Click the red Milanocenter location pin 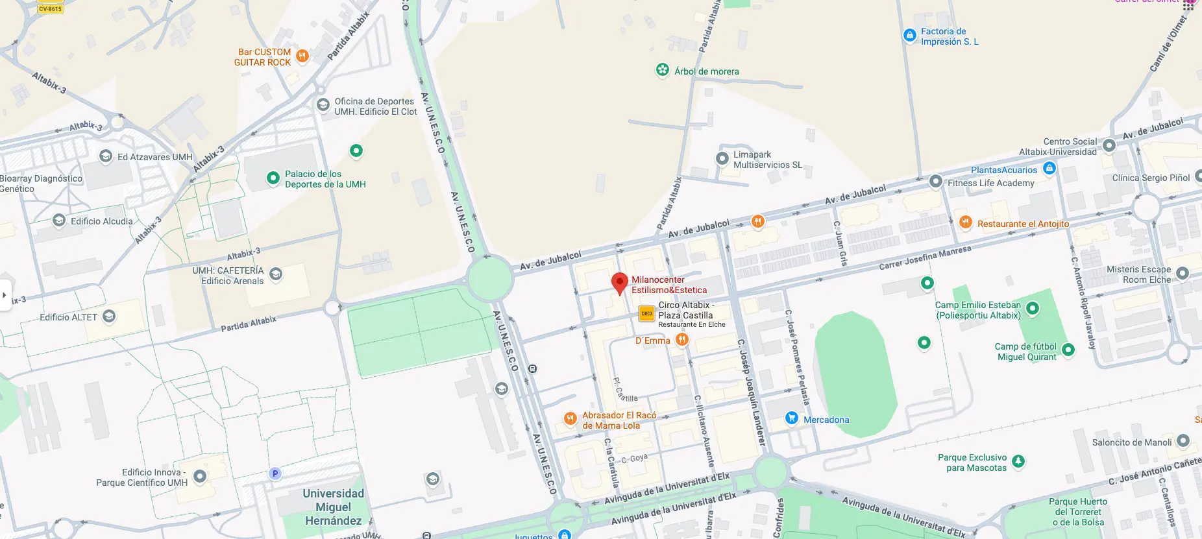tap(620, 283)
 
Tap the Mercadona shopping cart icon tap(791, 418)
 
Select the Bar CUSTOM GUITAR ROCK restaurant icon tap(302, 56)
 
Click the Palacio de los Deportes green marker tap(273, 178)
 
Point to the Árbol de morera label tap(706, 71)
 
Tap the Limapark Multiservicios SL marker tap(722, 159)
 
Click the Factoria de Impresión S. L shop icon tap(910, 36)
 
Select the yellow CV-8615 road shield tap(51, 8)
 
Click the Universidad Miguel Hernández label tap(333, 507)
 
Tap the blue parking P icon tap(275, 473)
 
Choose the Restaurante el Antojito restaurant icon tap(965, 222)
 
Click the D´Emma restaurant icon tap(681, 339)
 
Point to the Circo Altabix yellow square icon tap(646, 313)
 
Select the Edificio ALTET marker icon tap(109, 317)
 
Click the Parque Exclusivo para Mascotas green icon tap(1018, 461)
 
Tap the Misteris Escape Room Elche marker tap(1183, 274)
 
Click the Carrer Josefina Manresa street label tap(925, 258)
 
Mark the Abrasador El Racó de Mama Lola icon tap(570, 419)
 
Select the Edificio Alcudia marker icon tap(59, 221)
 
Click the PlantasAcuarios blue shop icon tap(1049, 169)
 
